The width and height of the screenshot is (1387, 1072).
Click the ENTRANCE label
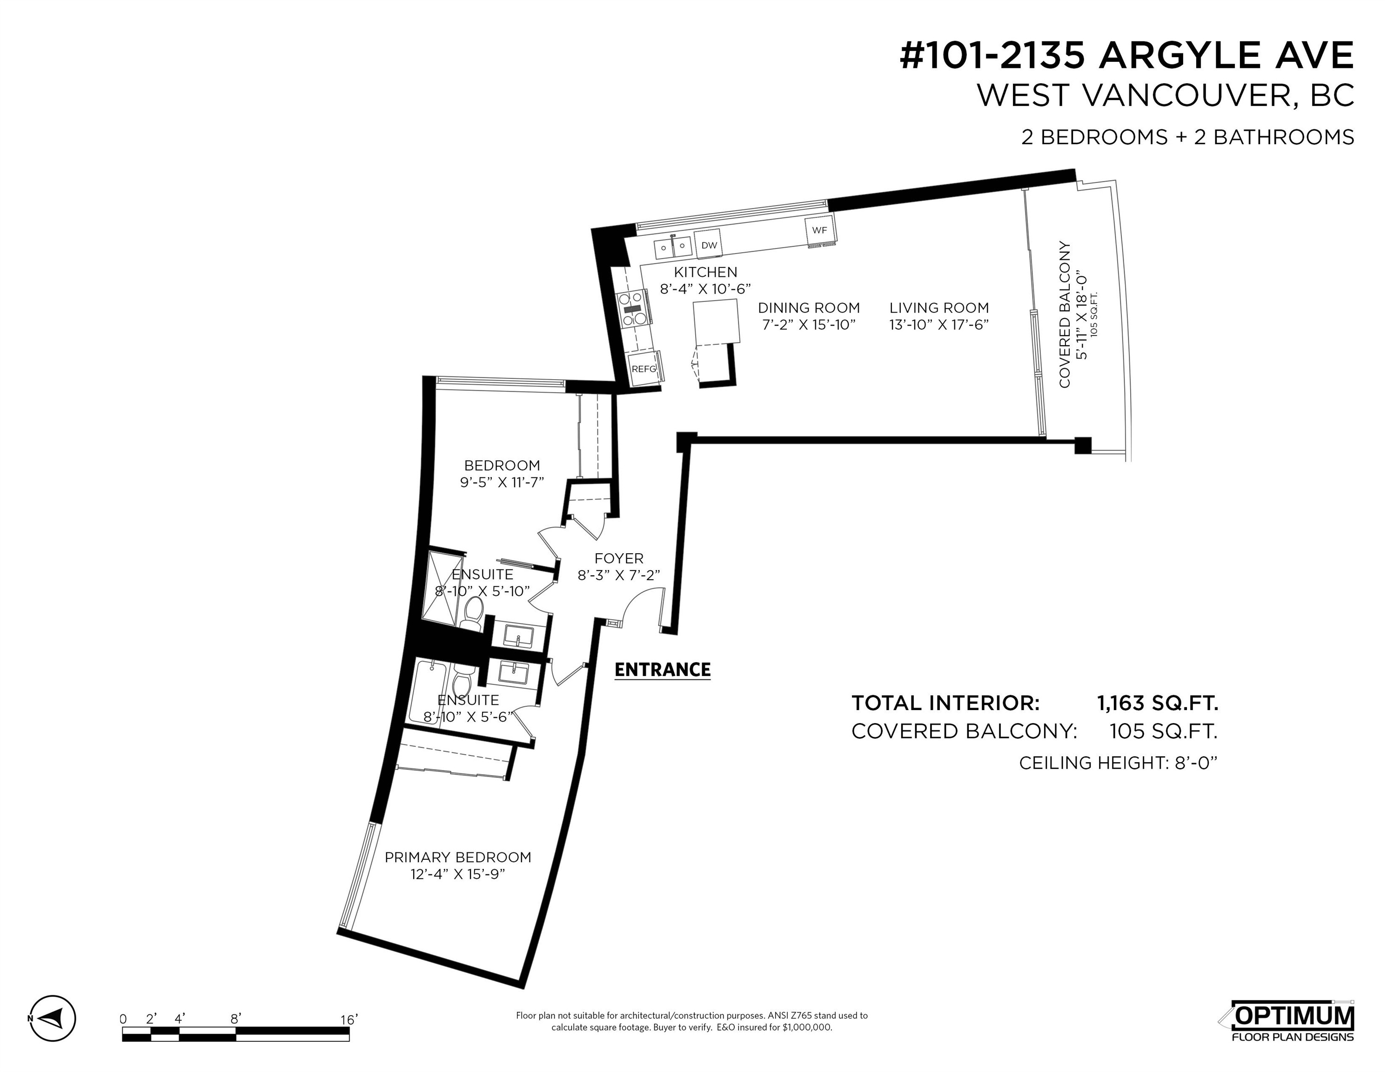663,670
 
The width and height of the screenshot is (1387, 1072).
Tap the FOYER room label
618,558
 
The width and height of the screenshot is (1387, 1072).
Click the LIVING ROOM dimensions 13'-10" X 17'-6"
938,324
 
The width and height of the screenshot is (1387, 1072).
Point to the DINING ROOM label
809,308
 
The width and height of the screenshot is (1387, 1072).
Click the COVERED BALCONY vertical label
1065,315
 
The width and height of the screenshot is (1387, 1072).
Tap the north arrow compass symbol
54,1036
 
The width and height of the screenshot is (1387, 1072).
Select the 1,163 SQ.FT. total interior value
1157,703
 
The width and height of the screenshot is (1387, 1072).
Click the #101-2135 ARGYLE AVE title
1126,55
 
